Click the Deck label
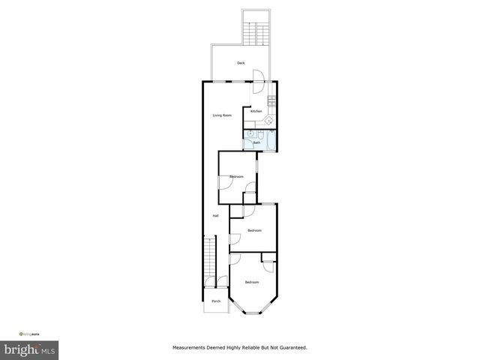pyautogui.click(x=241, y=63)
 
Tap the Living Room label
pyautogui.click(x=221, y=115)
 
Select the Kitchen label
pyautogui.click(x=256, y=111)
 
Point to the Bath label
pyautogui.click(x=256, y=142)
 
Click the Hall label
pyautogui.click(x=215, y=216)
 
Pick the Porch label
pyautogui.click(x=215, y=301)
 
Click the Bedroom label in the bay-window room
pyautogui.click(x=252, y=282)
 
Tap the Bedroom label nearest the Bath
pyautogui.click(x=237, y=176)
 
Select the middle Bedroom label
pyautogui.click(x=255, y=230)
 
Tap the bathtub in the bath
pyautogui.click(x=270, y=140)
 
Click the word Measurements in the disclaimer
pyautogui.click(x=191, y=348)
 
